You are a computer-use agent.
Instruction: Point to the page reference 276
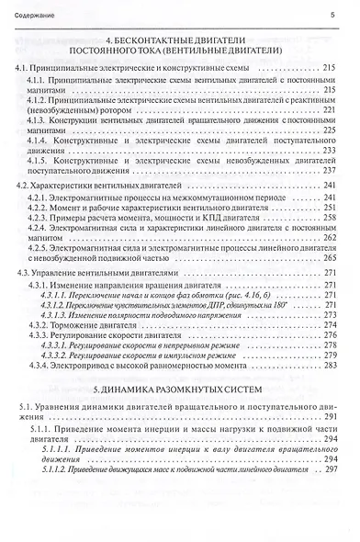(x=332, y=335)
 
